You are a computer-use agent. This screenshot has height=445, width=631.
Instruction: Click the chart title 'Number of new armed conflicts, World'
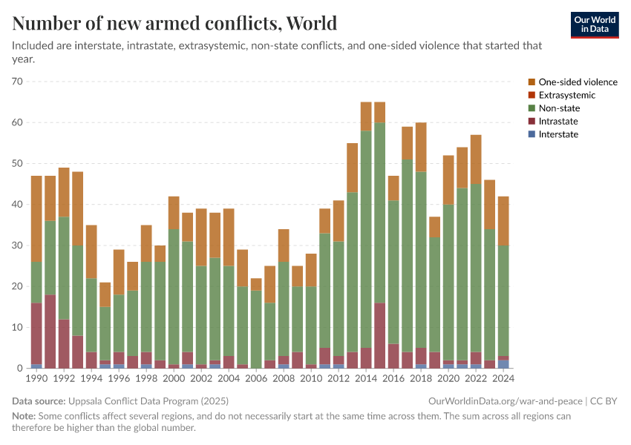(174, 23)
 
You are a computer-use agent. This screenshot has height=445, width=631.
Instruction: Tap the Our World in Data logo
(595, 24)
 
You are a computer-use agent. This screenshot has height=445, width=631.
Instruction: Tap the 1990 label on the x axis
(36, 379)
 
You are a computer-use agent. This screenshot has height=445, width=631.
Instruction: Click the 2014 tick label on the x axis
(366, 379)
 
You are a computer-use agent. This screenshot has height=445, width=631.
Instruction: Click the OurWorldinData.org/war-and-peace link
(506, 400)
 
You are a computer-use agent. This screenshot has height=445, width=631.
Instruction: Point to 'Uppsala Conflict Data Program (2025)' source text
(148, 400)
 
